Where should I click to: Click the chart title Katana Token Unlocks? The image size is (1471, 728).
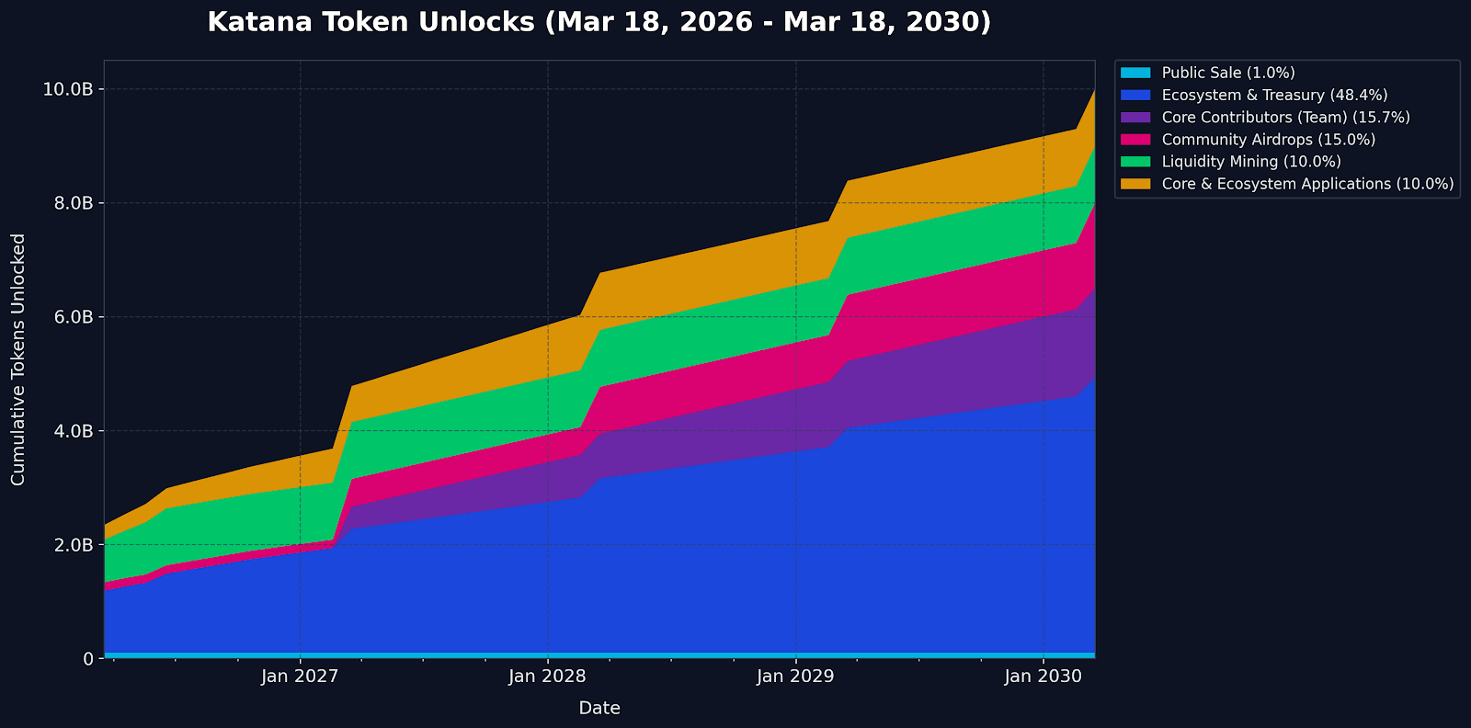tap(599, 22)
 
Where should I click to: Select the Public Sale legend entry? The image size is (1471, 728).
tap(1227, 73)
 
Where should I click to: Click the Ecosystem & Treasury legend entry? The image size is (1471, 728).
tap(1274, 95)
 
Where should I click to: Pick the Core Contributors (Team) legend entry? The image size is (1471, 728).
tap(1285, 117)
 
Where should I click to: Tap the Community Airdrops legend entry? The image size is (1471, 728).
tap(1268, 140)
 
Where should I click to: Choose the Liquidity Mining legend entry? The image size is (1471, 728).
tap(1250, 162)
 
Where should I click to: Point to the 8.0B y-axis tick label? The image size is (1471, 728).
tap(74, 203)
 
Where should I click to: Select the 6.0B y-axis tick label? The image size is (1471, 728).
tap(74, 317)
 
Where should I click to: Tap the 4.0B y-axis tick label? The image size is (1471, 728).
tap(74, 431)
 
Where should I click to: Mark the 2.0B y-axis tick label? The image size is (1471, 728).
tap(74, 545)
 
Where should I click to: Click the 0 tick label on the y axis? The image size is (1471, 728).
tap(88, 659)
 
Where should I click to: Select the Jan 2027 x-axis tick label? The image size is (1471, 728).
tap(300, 677)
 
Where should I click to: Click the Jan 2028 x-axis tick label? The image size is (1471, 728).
tap(548, 677)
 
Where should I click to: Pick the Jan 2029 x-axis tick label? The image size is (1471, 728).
tap(795, 677)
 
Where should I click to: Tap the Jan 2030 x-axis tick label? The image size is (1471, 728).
tap(1043, 677)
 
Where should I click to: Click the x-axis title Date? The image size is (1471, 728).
tap(599, 709)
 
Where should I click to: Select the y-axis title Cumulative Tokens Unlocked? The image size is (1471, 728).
tap(18, 359)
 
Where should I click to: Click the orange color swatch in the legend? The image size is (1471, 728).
tap(1135, 184)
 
